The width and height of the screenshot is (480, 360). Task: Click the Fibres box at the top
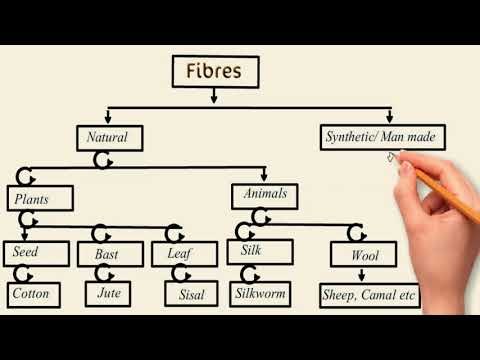(x=215, y=71)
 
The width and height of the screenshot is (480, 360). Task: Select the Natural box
(x=109, y=136)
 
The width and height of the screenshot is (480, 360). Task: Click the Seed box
(x=35, y=254)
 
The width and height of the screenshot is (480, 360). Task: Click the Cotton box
(x=35, y=294)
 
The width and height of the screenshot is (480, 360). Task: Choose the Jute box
(x=109, y=294)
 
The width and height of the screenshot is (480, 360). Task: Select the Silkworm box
(x=260, y=294)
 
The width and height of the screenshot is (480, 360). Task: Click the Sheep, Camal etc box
(x=369, y=296)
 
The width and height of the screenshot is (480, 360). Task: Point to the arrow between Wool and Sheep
(x=364, y=276)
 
